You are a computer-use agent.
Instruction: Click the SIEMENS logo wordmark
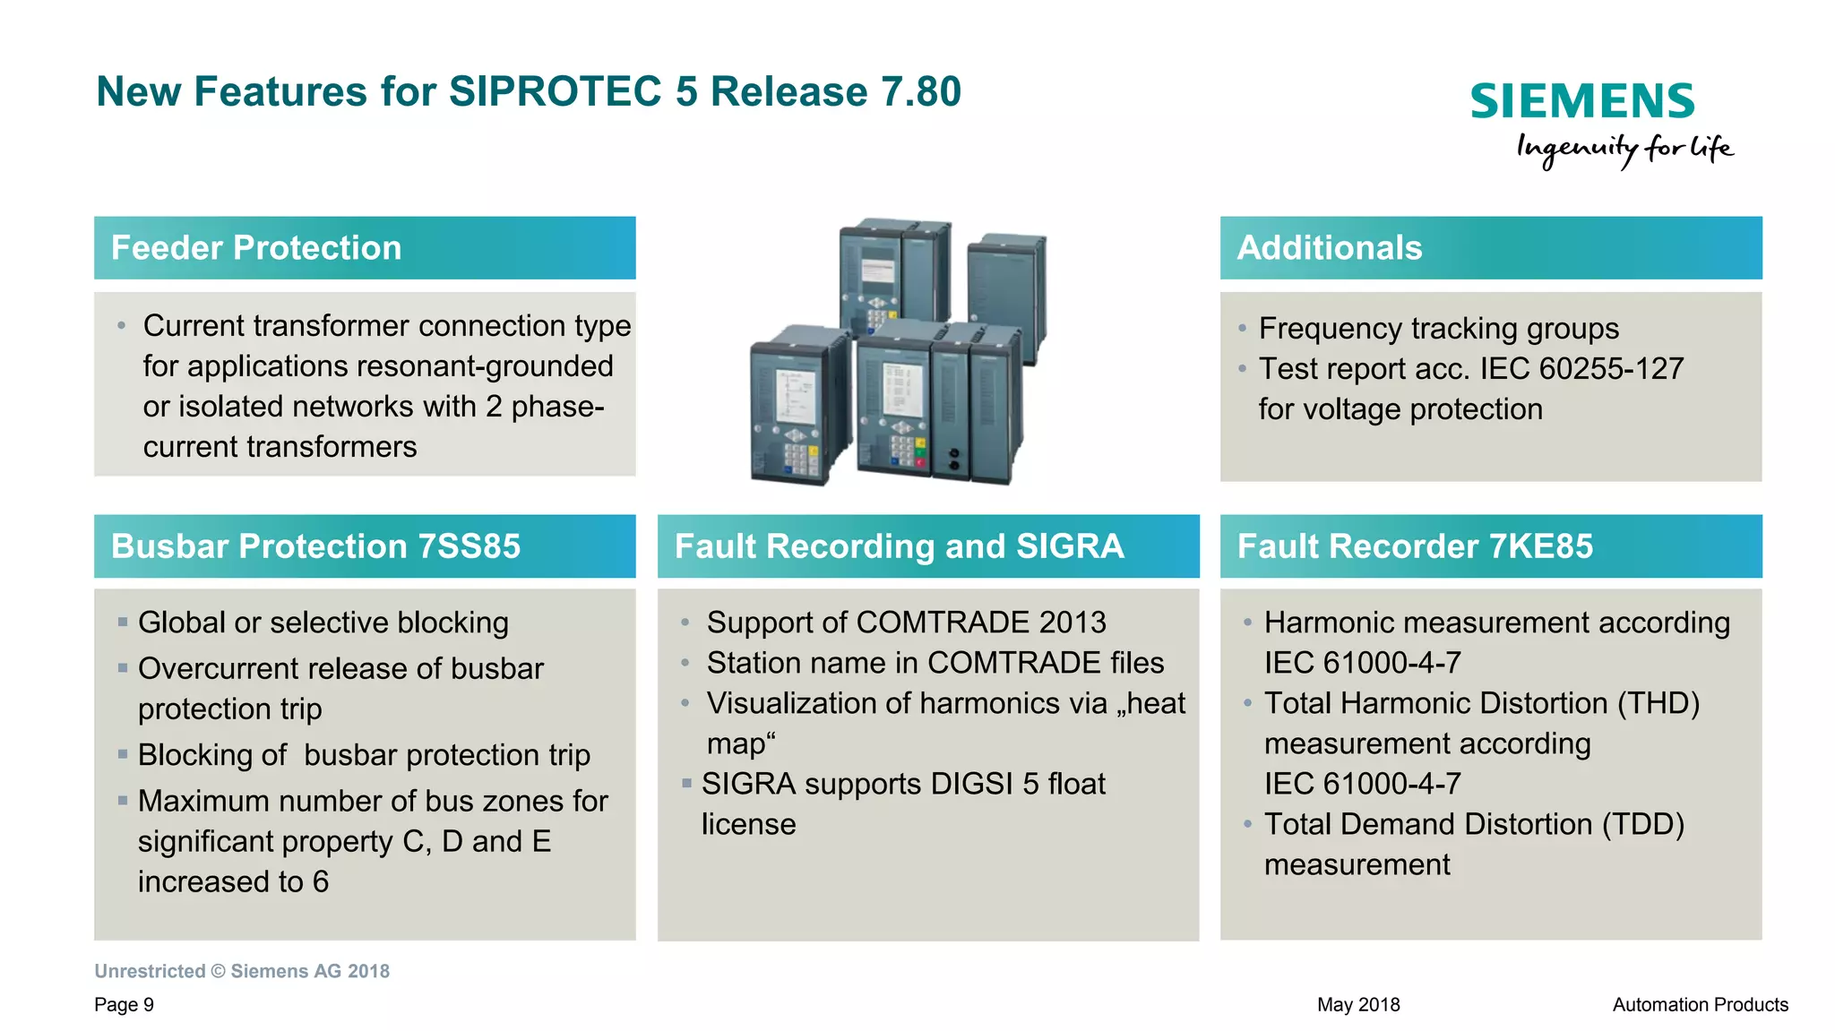(1581, 101)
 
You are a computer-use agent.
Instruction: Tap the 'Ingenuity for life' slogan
(1624, 149)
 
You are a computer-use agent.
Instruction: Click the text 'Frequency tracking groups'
(1438, 329)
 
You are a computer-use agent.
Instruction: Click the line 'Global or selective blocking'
(323, 623)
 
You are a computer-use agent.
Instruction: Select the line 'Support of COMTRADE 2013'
(906, 623)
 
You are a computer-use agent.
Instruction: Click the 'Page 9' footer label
(124, 1005)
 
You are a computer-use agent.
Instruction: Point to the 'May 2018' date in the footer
(1357, 1005)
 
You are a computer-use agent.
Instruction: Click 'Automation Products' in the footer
(1700, 1005)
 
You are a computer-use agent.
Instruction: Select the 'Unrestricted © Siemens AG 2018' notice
(242, 972)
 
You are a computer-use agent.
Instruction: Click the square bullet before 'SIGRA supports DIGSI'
(686, 784)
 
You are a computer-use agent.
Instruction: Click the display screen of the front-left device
(794, 397)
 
